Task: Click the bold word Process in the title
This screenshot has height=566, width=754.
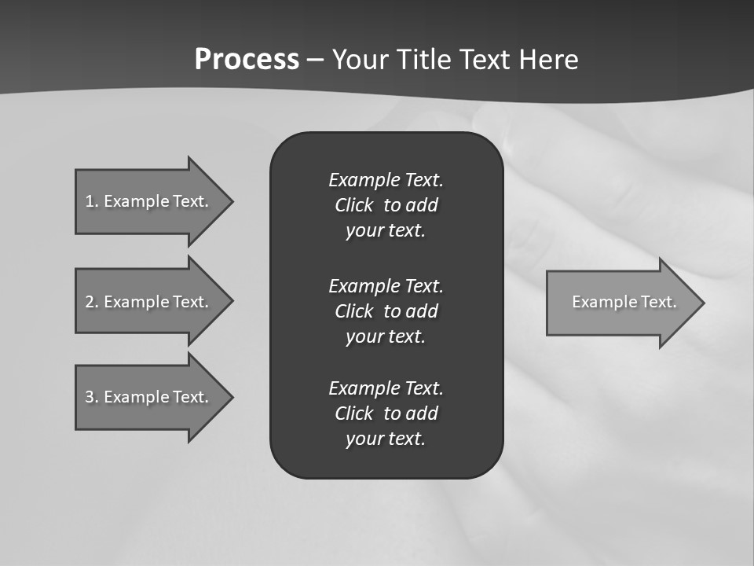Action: tap(247, 60)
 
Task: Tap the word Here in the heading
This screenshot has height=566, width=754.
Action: tap(547, 60)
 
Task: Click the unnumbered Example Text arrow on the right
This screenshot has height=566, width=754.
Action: tap(624, 302)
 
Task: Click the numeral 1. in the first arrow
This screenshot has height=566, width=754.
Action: tap(91, 201)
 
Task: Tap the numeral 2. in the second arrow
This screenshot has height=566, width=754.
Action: tap(91, 302)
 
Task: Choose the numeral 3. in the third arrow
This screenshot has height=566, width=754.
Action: tap(91, 397)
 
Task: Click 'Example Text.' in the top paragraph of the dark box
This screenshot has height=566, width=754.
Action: tap(386, 180)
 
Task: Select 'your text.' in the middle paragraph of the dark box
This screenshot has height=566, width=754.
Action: tap(386, 336)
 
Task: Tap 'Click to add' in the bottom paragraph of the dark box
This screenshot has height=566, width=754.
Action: tap(386, 413)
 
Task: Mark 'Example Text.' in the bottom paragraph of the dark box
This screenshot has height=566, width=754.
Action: tap(386, 388)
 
